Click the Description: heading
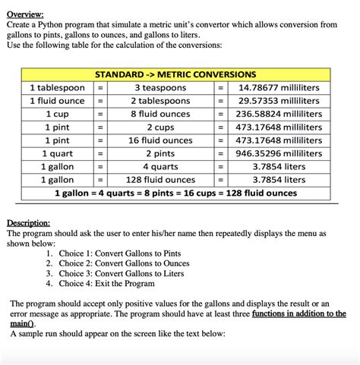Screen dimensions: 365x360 click(x=29, y=223)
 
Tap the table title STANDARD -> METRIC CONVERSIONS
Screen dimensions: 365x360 click(x=175, y=75)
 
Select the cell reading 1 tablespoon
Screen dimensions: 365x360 click(x=57, y=88)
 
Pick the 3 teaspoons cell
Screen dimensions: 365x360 click(x=159, y=88)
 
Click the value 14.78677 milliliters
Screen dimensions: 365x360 click(x=279, y=88)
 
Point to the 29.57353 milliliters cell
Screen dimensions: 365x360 click(x=279, y=101)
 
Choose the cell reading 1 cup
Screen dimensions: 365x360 click(x=57, y=114)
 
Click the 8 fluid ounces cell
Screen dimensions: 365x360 click(x=159, y=114)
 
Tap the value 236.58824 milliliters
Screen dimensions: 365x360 click(x=279, y=114)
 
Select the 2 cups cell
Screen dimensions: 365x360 click(x=159, y=127)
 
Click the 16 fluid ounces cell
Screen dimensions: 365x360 click(x=159, y=140)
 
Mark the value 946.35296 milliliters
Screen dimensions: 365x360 click(x=279, y=153)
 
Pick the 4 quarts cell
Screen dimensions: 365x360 click(x=159, y=167)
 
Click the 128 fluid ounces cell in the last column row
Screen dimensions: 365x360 click(x=159, y=180)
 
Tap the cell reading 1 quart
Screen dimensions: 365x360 click(x=57, y=153)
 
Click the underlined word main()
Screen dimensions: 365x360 click(x=24, y=323)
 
